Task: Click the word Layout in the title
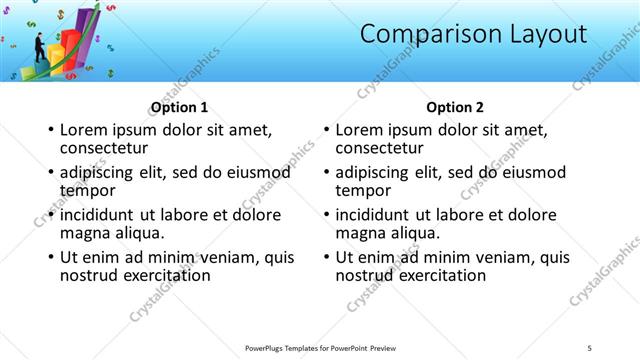tap(536, 34)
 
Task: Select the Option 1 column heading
tap(179, 107)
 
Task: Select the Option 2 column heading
tap(454, 107)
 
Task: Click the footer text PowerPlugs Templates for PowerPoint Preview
tap(320, 347)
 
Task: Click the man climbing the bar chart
tap(40, 46)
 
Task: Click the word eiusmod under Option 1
tap(258, 173)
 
